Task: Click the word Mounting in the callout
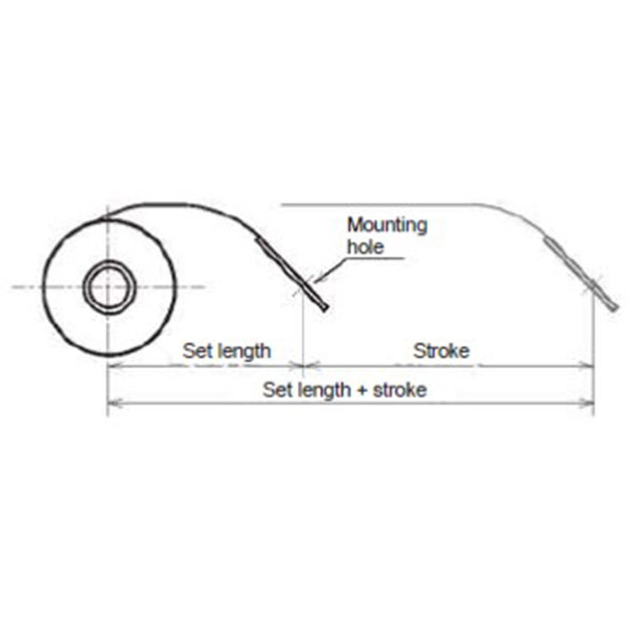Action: coord(388,226)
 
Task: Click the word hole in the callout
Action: coord(366,247)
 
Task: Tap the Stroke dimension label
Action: coord(441,350)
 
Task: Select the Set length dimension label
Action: coord(227,350)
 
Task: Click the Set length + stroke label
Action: coord(344,390)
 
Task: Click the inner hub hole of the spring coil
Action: coord(108,288)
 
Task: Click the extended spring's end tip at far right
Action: coord(616,308)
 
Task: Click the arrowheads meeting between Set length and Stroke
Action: coord(303,366)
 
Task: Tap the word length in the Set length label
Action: coord(242,350)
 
